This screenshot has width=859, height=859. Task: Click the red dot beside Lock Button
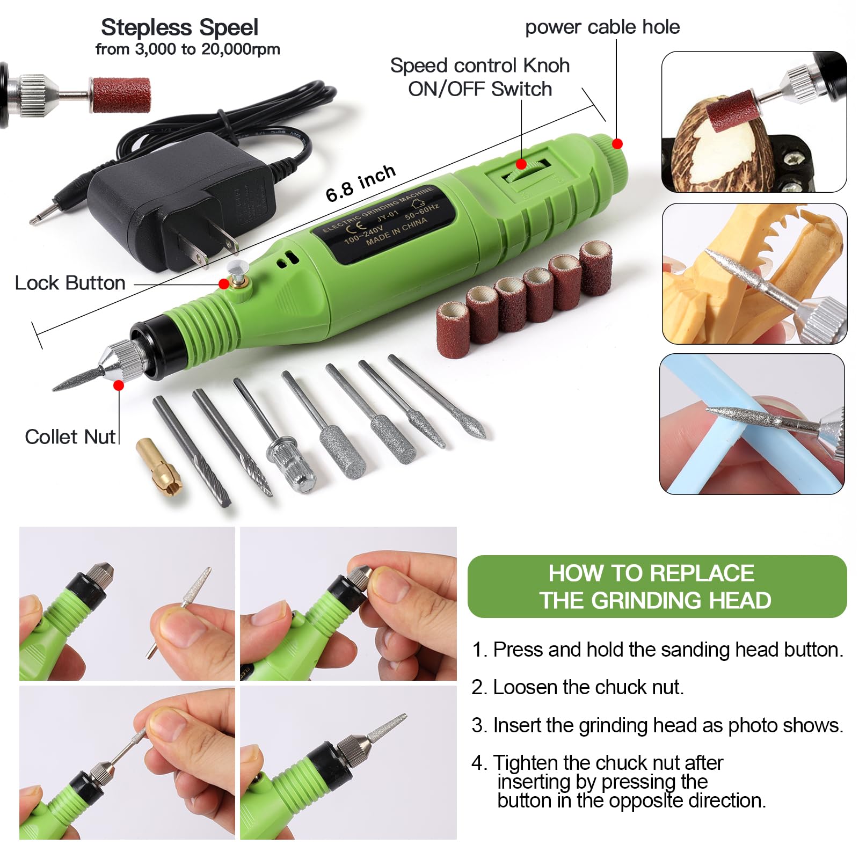[224, 284]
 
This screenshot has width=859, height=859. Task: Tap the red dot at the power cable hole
[617, 144]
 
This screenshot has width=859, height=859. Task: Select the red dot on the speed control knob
[521, 164]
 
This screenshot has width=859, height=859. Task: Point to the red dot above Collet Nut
[119, 385]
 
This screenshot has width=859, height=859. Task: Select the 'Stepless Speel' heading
[179, 27]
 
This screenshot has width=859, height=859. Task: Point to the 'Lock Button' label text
[70, 283]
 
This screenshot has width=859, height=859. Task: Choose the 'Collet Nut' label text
[70, 436]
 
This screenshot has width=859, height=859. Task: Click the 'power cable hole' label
[602, 27]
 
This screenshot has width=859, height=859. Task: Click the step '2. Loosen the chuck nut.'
[577, 687]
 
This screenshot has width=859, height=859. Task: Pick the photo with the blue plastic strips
[752, 424]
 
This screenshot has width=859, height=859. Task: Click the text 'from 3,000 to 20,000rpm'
[187, 49]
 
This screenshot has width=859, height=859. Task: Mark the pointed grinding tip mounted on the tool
[78, 378]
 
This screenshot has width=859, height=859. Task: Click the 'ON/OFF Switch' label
[479, 89]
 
